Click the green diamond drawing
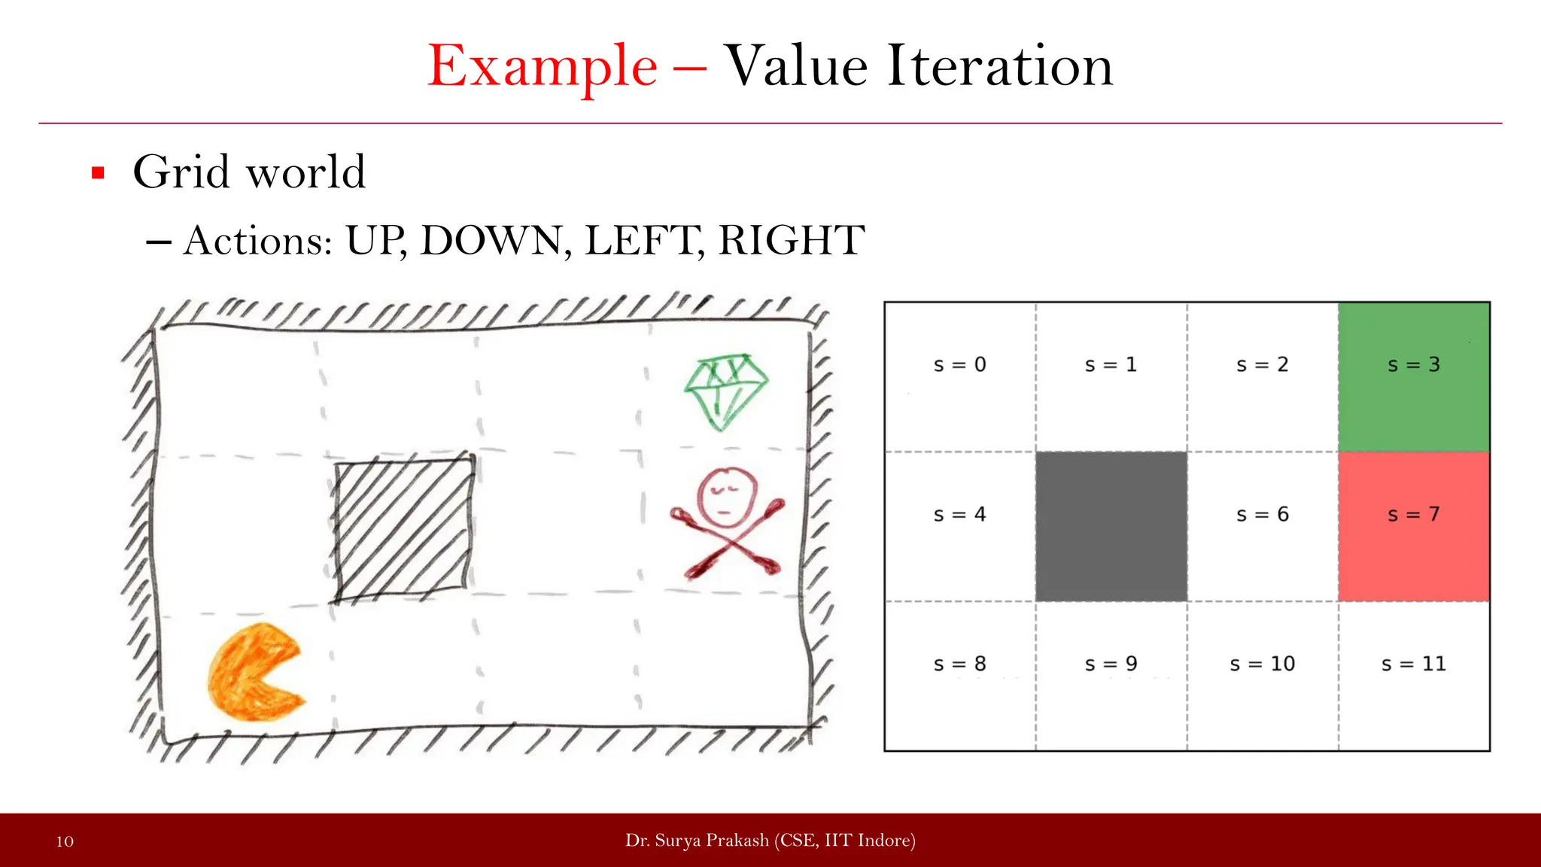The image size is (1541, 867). pos(725,391)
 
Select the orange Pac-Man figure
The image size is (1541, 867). pos(254,672)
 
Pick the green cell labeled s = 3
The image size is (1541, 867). pos(1414,376)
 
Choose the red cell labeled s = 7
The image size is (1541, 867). pos(1414,526)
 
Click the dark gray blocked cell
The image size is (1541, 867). pos(1111,526)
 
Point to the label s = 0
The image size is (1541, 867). pos(959,365)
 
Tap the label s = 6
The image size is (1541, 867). pos(1263,515)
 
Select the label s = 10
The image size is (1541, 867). pos(1263,664)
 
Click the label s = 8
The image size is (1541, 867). pos(959,664)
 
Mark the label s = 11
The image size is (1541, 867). pos(1414,664)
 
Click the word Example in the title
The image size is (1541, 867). pos(542,68)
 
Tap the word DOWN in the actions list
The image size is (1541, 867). pos(490,241)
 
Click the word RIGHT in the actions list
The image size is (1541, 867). pos(792,241)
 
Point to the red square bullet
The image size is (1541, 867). pos(98,173)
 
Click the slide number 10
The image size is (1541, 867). pos(65,841)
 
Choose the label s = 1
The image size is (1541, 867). pos(1111,365)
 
